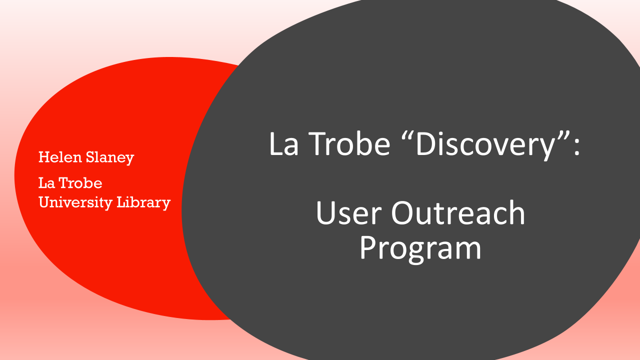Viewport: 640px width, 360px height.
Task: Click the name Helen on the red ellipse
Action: tap(60, 157)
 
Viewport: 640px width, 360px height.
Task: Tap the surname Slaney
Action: tap(110, 157)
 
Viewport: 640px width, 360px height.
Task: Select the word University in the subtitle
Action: tap(75, 203)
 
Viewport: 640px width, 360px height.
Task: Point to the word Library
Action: tap(143, 203)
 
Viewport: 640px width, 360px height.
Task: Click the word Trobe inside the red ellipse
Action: tap(80, 183)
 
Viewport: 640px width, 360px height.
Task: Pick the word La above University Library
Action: tap(46, 183)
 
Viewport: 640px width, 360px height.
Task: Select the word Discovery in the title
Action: tap(485, 145)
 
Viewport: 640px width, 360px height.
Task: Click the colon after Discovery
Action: tap(577, 147)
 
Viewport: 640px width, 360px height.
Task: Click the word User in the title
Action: tap(349, 212)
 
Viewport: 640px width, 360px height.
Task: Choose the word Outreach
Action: tap(458, 212)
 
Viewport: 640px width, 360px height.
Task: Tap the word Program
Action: tap(420, 249)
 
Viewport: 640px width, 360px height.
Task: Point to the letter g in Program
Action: tap(419, 253)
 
